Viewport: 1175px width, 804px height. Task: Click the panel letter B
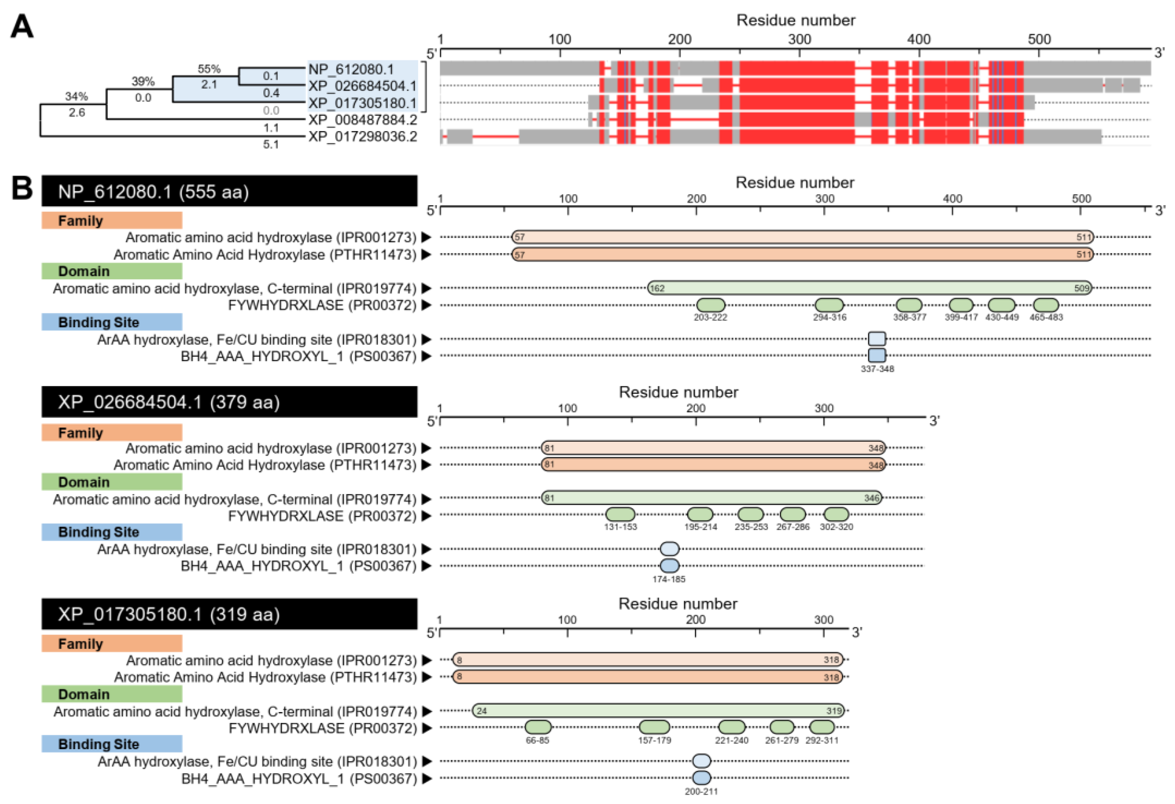(x=22, y=188)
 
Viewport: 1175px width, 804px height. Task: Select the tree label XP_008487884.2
(x=363, y=120)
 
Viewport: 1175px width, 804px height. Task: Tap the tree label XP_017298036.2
(x=363, y=136)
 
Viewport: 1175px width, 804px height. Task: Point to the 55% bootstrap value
(x=209, y=69)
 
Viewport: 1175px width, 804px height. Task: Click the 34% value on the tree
(x=76, y=96)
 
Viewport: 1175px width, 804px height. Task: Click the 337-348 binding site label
(x=877, y=369)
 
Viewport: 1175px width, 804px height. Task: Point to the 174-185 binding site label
(x=668, y=579)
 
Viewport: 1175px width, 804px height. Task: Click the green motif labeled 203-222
(x=711, y=305)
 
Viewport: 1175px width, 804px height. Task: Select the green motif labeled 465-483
(x=1045, y=305)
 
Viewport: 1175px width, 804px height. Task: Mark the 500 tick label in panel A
(x=1039, y=40)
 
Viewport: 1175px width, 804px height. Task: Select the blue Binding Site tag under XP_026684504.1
(x=112, y=532)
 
